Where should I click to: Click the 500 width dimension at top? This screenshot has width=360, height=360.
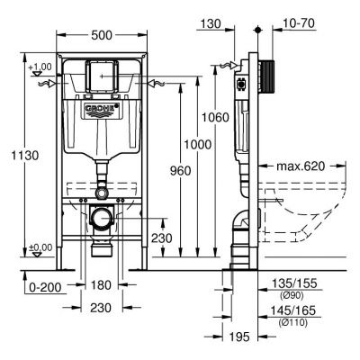[x=100, y=35]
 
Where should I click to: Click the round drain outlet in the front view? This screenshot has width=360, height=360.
[x=102, y=218]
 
